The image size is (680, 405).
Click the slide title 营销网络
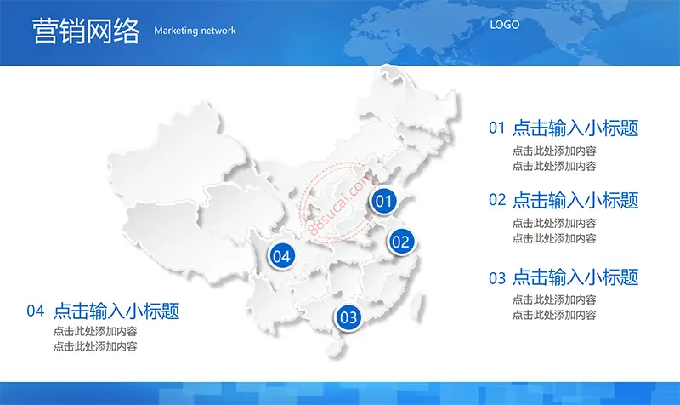87,31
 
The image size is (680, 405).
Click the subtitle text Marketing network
195,31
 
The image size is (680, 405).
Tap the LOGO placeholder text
505,25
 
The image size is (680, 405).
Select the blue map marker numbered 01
383,201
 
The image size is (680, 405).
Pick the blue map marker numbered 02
400,242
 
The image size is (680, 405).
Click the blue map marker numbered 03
348,317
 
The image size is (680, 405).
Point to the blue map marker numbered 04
281,256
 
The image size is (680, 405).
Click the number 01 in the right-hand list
497,128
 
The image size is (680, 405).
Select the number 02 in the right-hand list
497,200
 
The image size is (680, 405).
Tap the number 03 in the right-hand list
497,278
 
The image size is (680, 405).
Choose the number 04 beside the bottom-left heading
35,311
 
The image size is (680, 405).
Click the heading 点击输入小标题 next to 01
575,128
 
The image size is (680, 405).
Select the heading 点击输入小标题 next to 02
575,200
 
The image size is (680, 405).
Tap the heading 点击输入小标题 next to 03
575,277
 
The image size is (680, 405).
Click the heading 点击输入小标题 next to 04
116,311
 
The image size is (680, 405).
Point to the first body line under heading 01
554,151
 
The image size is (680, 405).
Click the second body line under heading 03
554,315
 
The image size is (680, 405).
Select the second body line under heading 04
95,346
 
